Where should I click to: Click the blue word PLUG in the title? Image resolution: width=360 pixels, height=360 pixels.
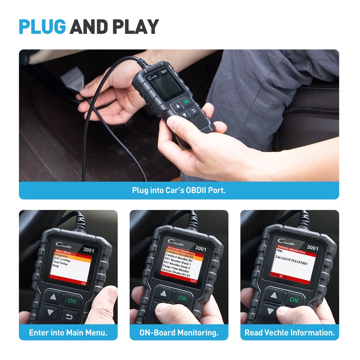[42, 27]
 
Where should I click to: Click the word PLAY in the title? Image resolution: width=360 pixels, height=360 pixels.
[136, 27]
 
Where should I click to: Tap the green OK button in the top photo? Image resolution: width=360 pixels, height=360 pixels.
[186, 101]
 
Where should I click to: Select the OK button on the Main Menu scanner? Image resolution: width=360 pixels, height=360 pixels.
[72, 301]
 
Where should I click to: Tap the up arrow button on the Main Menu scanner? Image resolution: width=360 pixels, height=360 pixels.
[53, 297]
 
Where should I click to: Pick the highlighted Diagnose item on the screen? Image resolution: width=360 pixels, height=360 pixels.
[62, 256]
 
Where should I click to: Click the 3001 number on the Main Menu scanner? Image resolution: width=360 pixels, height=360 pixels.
[88, 250]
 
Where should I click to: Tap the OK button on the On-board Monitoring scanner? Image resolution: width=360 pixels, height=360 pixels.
[182, 298]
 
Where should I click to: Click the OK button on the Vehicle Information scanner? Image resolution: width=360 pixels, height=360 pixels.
[294, 300]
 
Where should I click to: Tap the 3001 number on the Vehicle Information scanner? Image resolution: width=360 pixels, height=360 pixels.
[312, 248]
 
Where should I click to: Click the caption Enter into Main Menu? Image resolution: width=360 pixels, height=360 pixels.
[68, 333]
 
